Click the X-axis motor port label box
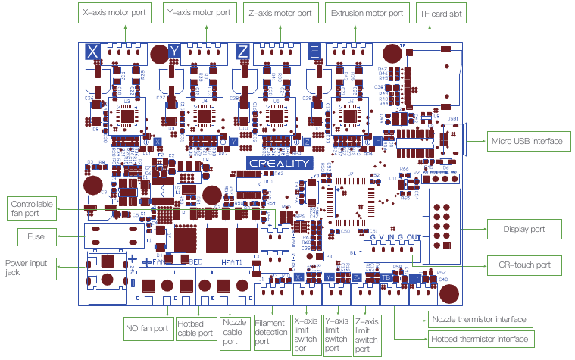pyautogui.click(x=116, y=13)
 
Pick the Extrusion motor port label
pyautogui.click(x=365, y=13)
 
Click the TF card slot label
pyautogui.click(x=442, y=13)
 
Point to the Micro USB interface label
pyautogui.click(x=527, y=141)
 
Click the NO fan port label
pyautogui.click(x=147, y=330)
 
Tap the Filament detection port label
pyautogui.click(x=270, y=331)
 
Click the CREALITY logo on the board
pyautogui.click(x=280, y=163)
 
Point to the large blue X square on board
pyautogui.click(x=92, y=52)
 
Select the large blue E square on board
pyautogui.click(x=314, y=52)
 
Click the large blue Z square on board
pyautogui.click(x=242, y=52)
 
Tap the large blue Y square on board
pyautogui.click(x=175, y=52)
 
